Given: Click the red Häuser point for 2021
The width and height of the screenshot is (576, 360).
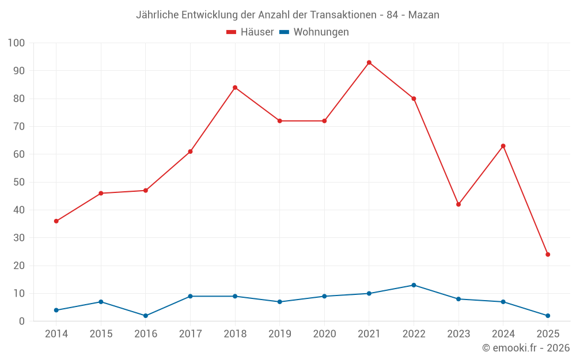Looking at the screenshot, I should pos(369,62).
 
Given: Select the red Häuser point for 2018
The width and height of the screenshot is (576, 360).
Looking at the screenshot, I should pos(235,88).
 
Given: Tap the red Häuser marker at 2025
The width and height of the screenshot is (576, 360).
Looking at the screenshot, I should pos(548,255).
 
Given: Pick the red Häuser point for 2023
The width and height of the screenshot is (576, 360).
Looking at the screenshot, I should pos(458,204).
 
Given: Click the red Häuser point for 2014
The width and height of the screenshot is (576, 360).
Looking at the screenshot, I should pos(56,221).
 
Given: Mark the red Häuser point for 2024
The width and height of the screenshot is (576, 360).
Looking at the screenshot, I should pos(503,146).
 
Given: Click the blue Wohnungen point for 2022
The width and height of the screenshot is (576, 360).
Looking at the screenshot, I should pos(414,285).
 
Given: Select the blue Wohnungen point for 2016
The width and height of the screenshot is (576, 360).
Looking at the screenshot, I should pos(146,316).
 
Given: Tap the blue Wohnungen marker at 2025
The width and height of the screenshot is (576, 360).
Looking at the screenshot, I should pos(548,316).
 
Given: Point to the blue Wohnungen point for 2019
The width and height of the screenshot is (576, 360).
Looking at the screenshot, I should pos(279,302).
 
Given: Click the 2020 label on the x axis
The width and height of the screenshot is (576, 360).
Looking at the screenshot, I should pos(324,334).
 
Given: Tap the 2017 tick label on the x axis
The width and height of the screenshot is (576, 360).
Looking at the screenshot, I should pos(190,334).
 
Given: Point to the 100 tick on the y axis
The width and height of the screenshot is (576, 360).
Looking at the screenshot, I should pos(16,43).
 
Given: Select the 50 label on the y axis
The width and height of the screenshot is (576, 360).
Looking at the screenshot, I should pos(19,182).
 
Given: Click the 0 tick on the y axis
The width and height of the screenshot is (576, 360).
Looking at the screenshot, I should pos(22,321).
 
